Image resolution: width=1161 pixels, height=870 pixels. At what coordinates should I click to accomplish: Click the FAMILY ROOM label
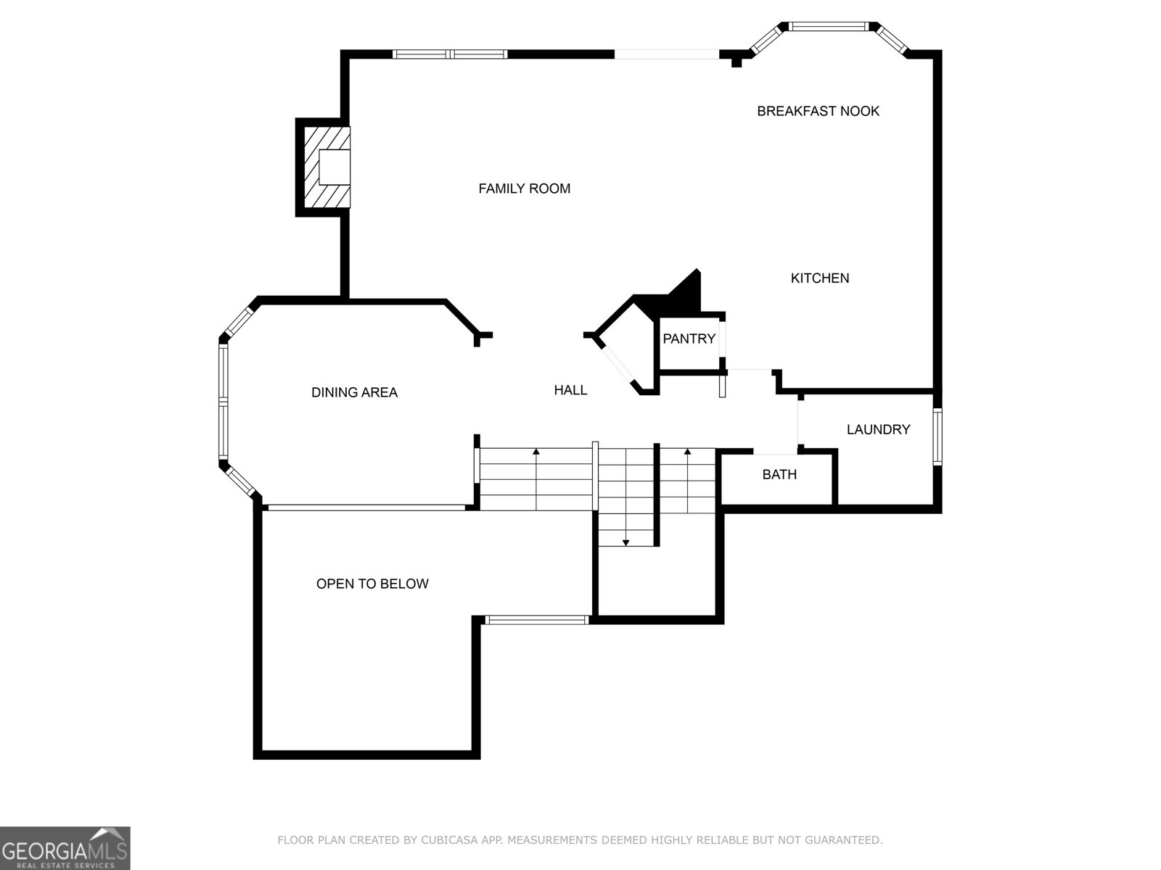pos(524,188)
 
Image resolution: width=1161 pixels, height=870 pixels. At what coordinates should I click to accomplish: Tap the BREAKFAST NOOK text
pos(818,111)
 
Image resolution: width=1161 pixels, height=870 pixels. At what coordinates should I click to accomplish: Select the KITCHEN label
pos(819,278)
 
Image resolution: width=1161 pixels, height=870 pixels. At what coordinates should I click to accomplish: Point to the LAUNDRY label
pos(878,429)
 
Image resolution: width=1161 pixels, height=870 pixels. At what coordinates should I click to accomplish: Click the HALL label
pos(570,390)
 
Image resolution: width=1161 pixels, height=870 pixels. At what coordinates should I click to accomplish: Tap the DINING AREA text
pos(354,392)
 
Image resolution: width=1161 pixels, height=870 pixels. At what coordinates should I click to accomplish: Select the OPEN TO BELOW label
pos(372,584)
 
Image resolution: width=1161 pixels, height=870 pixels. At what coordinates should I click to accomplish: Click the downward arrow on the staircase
pos(625,542)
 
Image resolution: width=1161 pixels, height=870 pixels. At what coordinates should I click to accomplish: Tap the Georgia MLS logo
pos(65,848)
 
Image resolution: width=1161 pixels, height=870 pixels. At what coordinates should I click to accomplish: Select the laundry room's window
pos(937,436)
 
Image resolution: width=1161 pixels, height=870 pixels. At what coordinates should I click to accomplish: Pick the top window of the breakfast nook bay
pos(828,27)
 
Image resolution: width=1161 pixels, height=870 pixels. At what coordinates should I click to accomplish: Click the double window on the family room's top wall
pos(450,54)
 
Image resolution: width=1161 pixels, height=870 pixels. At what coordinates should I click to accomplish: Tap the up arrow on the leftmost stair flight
pos(536,452)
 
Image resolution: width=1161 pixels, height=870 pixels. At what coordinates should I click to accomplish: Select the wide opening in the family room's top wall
pos(667,54)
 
